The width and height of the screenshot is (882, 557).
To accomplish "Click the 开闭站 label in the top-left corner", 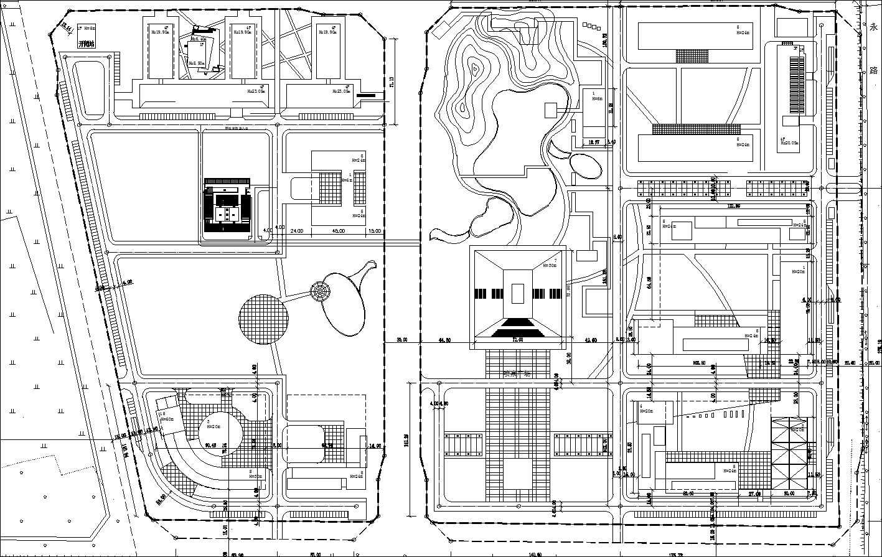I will (x=86, y=44).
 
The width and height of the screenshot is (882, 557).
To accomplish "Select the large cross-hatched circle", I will (x=263, y=319).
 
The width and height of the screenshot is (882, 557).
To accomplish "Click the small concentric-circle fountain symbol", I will (x=322, y=291).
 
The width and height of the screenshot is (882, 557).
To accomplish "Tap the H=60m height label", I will (x=166, y=419).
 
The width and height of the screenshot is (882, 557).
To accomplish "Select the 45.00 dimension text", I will (x=339, y=231).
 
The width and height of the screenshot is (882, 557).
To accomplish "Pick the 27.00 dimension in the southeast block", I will (x=754, y=493).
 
